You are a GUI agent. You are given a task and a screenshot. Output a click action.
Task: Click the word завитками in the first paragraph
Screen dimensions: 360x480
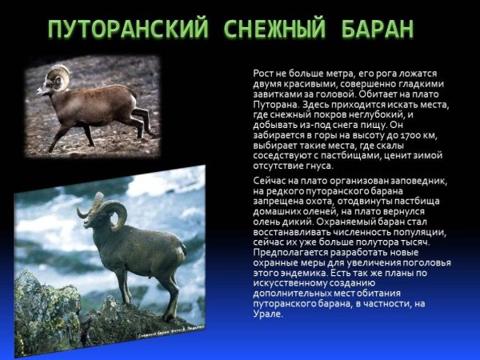tap(277, 94)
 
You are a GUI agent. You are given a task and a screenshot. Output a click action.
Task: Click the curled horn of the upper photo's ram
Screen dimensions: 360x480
tap(57, 77)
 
